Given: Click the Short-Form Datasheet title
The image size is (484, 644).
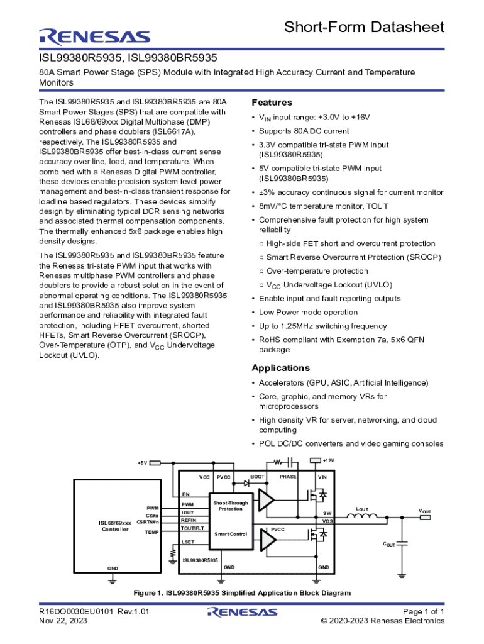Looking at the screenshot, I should (364, 27).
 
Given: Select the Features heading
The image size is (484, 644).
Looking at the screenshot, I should (272, 103).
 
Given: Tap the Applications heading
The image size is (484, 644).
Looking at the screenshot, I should (280, 368).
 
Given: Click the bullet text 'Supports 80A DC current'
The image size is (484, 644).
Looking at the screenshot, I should (304, 131).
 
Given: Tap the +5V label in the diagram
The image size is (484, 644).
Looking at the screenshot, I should (142, 463).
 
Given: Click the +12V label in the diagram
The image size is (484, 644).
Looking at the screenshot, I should (328, 461).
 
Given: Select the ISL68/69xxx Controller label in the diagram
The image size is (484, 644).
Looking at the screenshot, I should (114, 526).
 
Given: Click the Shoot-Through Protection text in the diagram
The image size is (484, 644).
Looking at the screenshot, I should (231, 506).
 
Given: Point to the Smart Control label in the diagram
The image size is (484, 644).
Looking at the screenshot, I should (231, 534).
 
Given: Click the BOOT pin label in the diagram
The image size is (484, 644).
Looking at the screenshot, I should (258, 477).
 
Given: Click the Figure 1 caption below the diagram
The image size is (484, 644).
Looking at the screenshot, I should (241, 593).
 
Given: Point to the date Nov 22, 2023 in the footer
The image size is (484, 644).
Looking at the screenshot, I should (63, 621).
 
